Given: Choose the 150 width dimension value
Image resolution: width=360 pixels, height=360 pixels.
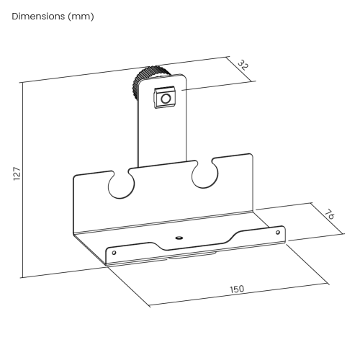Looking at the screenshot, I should click(x=236, y=289).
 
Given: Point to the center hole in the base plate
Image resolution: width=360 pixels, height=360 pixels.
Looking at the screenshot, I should click(x=179, y=237).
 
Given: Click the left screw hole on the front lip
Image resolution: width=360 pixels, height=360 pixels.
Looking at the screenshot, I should click(x=113, y=253).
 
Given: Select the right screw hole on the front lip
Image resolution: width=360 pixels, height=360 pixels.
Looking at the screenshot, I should click(x=278, y=232).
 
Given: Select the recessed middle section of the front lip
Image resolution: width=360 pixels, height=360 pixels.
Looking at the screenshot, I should click(x=187, y=248).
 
